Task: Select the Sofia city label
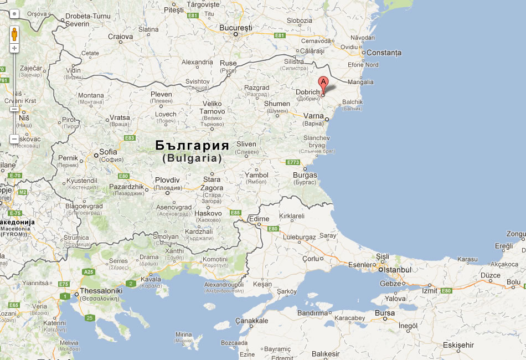[x=108, y=152]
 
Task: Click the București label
[x=236, y=27]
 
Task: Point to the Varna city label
[x=313, y=116]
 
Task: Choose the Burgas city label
[x=305, y=175]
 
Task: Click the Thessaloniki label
[x=101, y=290]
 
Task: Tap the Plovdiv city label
[x=167, y=180]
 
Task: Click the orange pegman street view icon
[x=14, y=35]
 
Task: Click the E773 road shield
[x=292, y=162]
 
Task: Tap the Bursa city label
[x=385, y=313]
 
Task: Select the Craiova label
[x=120, y=37]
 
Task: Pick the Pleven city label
[x=161, y=94]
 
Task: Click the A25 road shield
[x=88, y=272]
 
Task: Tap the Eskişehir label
[x=458, y=345]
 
